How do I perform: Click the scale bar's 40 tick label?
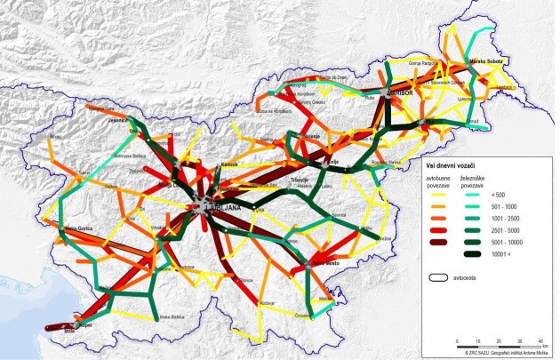click(x=540, y=342)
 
